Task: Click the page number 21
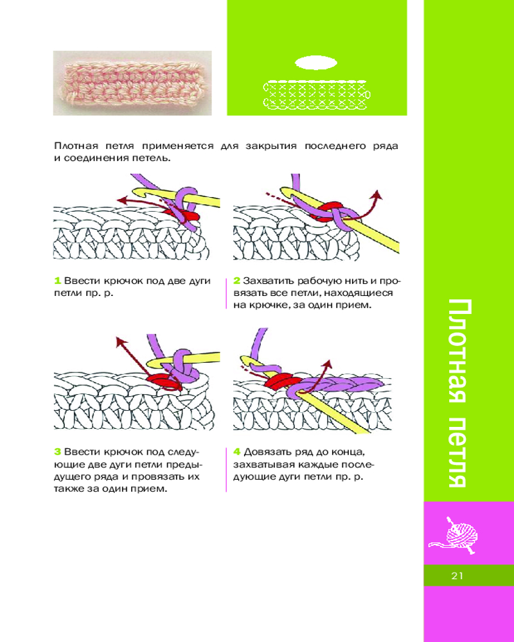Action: click(x=457, y=575)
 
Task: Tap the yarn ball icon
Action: click(x=454, y=535)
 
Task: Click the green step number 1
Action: click(x=57, y=281)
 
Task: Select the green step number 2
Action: click(x=236, y=281)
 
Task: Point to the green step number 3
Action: click(x=57, y=452)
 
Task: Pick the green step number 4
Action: click(x=236, y=452)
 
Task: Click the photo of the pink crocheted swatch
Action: click(x=132, y=83)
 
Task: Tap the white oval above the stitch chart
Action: click(x=316, y=63)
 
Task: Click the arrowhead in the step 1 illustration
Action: click(x=121, y=200)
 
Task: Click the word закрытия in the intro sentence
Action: click(x=271, y=146)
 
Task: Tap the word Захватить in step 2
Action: click(x=269, y=281)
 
